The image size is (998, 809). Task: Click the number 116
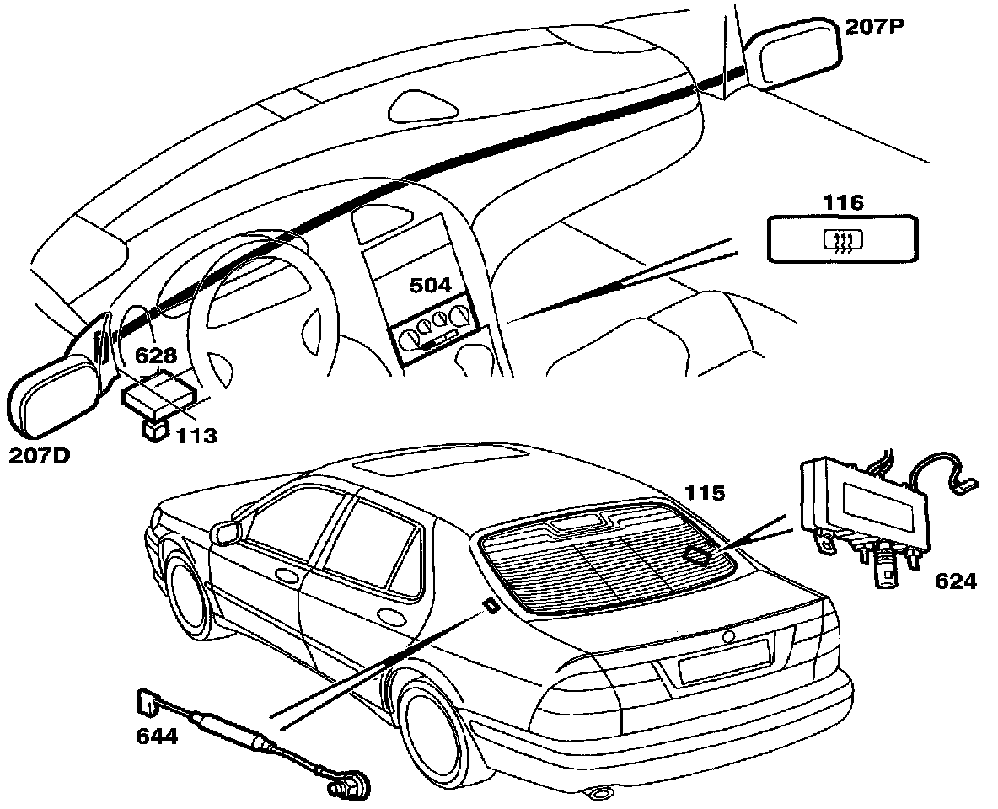click(844, 202)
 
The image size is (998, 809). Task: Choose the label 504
click(430, 286)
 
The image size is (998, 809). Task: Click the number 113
click(196, 436)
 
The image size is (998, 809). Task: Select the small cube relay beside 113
click(152, 429)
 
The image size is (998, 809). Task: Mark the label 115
click(704, 493)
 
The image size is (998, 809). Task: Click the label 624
click(955, 581)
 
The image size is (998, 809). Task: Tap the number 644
click(157, 736)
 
